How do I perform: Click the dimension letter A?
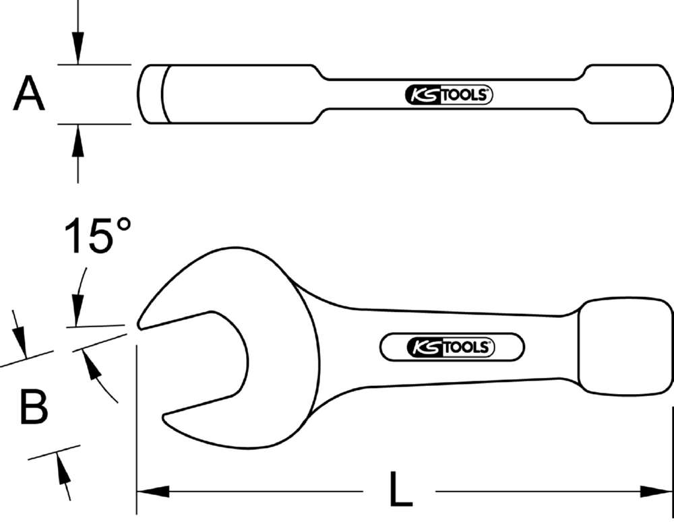coord(29,94)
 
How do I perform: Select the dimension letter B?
coord(33,407)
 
